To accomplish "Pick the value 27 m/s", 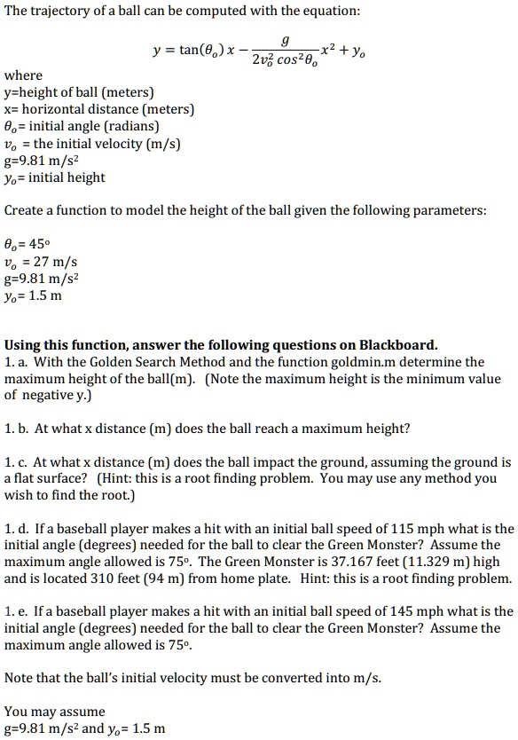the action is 55,262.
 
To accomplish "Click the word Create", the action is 25,211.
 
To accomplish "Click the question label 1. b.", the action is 17,429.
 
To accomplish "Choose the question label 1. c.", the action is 16,463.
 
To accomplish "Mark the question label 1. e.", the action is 16,612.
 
